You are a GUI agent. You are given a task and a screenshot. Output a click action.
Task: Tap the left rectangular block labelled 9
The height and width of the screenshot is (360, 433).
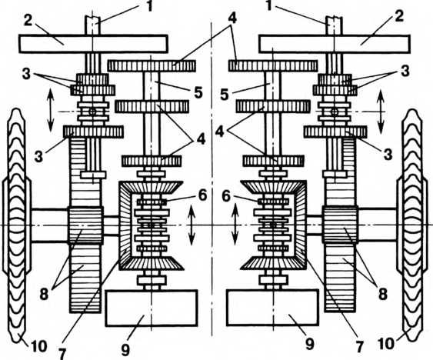tap(152, 308)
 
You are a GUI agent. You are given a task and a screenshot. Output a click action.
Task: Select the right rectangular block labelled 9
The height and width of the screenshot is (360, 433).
tap(273, 308)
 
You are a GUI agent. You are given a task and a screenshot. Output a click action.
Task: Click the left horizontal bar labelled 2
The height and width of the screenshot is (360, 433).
tap(93, 44)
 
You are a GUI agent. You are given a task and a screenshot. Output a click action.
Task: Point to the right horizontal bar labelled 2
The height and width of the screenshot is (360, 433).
tap(335, 44)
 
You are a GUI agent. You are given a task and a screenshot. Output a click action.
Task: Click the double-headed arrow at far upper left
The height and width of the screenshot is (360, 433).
tap(50, 110)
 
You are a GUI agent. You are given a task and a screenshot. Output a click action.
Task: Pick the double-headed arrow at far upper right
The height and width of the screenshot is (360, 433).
tap(381, 112)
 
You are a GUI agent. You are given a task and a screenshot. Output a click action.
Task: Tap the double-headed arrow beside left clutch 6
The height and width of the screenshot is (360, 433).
tap(192, 225)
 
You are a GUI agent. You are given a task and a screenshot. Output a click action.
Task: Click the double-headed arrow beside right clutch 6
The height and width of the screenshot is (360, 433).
tap(235, 224)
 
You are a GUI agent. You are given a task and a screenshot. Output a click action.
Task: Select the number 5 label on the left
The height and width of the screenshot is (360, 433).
tap(198, 93)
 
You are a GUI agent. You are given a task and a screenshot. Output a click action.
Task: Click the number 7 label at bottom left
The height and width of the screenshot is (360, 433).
tap(62, 352)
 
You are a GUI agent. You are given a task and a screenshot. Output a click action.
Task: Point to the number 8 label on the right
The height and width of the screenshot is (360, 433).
tap(382, 295)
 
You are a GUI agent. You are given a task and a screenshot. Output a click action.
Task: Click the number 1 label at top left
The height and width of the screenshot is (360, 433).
tap(149, 6)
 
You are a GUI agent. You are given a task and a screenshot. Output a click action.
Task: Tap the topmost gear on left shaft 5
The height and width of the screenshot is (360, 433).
tap(152, 65)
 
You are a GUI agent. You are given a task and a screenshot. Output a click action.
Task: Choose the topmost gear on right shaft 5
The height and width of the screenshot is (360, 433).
tap(273, 65)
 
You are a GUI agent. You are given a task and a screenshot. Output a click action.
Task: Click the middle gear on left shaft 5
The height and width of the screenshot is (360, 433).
tap(152, 107)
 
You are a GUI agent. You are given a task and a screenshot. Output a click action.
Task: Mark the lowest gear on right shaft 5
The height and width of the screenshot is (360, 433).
tap(273, 161)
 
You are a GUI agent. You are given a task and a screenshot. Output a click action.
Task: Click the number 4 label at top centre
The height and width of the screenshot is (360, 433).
tap(232, 18)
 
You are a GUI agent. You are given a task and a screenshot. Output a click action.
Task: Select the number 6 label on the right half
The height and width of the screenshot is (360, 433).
tap(226, 198)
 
